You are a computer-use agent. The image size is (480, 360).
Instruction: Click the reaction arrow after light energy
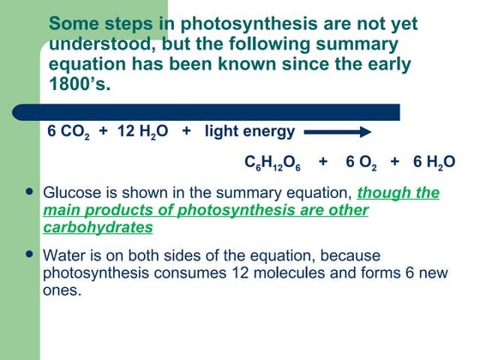click(338, 132)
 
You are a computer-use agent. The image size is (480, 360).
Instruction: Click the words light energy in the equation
click(249, 131)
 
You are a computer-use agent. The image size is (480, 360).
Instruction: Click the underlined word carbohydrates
click(99, 227)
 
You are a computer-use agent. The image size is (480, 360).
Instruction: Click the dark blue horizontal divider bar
click(214, 111)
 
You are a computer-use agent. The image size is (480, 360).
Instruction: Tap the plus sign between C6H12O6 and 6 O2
click(322, 161)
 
